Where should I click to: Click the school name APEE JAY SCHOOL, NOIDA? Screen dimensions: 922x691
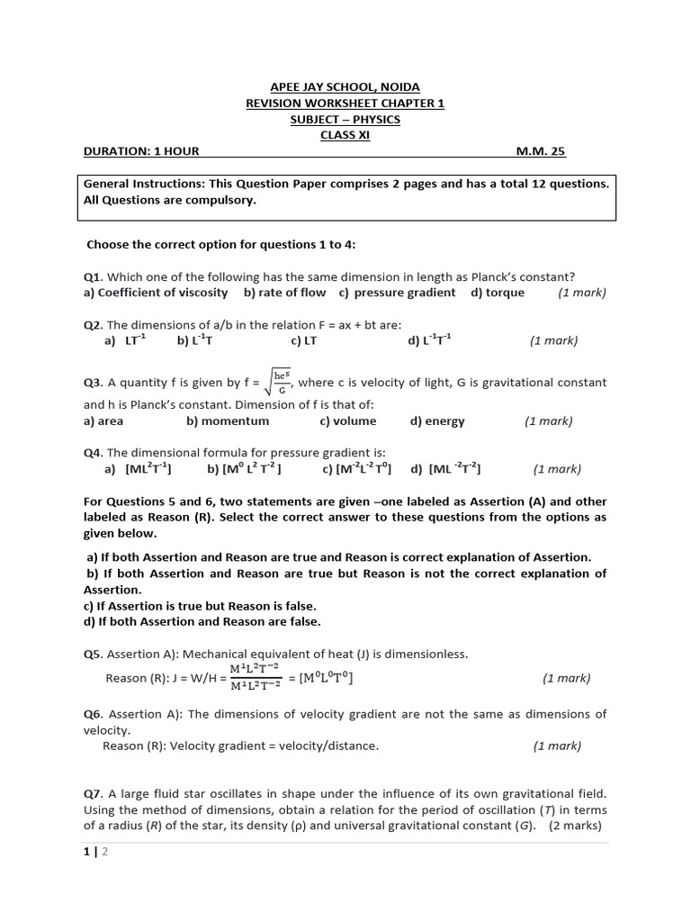click(345, 87)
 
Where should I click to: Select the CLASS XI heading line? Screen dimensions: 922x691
click(345, 136)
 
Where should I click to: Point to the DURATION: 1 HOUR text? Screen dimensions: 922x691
click(141, 152)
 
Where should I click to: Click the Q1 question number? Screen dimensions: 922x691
click(94, 276)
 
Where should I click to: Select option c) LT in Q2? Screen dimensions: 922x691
click(301, 340)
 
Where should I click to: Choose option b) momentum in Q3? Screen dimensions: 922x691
click(228, 420)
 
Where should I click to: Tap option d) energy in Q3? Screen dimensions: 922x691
click(437, 420)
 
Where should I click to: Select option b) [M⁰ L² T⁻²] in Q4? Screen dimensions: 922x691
click(244, 469)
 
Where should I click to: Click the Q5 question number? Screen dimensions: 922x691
click(94, 654)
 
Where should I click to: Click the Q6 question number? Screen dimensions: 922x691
click(94, 714)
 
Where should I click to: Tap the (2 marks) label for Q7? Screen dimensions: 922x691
click(577, 826)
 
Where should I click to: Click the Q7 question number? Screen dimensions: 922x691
click(94, 793)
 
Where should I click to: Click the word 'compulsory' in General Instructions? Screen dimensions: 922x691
click(223, 201)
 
